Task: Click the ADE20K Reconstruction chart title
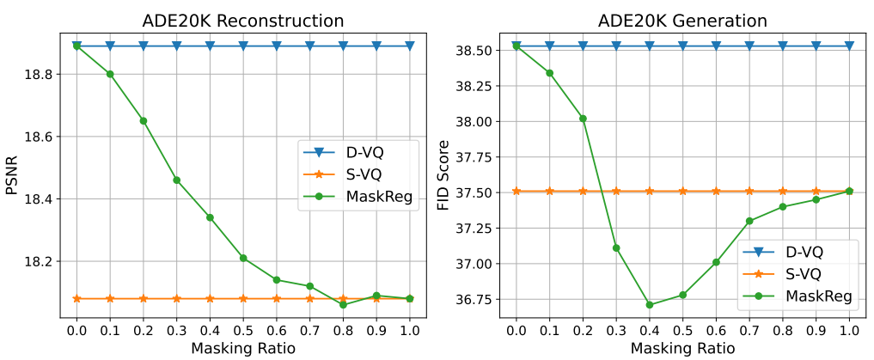243,21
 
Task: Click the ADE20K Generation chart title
683,21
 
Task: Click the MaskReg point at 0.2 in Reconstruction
144,121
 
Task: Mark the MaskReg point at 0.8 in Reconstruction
344,305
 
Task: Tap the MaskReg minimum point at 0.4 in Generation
650,305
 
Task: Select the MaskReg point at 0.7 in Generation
749,221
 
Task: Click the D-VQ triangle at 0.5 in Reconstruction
243,46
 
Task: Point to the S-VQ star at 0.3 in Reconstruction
177,299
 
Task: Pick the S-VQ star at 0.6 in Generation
716,191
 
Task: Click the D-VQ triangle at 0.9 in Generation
816,46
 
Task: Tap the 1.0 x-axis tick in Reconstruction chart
410,331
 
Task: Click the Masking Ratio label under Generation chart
683,349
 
